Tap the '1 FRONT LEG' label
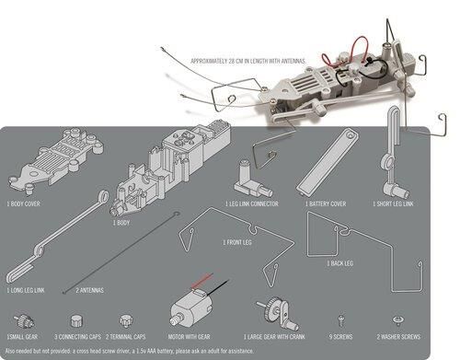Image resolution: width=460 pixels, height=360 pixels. click(236, 242)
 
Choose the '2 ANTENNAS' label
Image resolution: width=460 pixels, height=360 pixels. click(89, 289)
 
